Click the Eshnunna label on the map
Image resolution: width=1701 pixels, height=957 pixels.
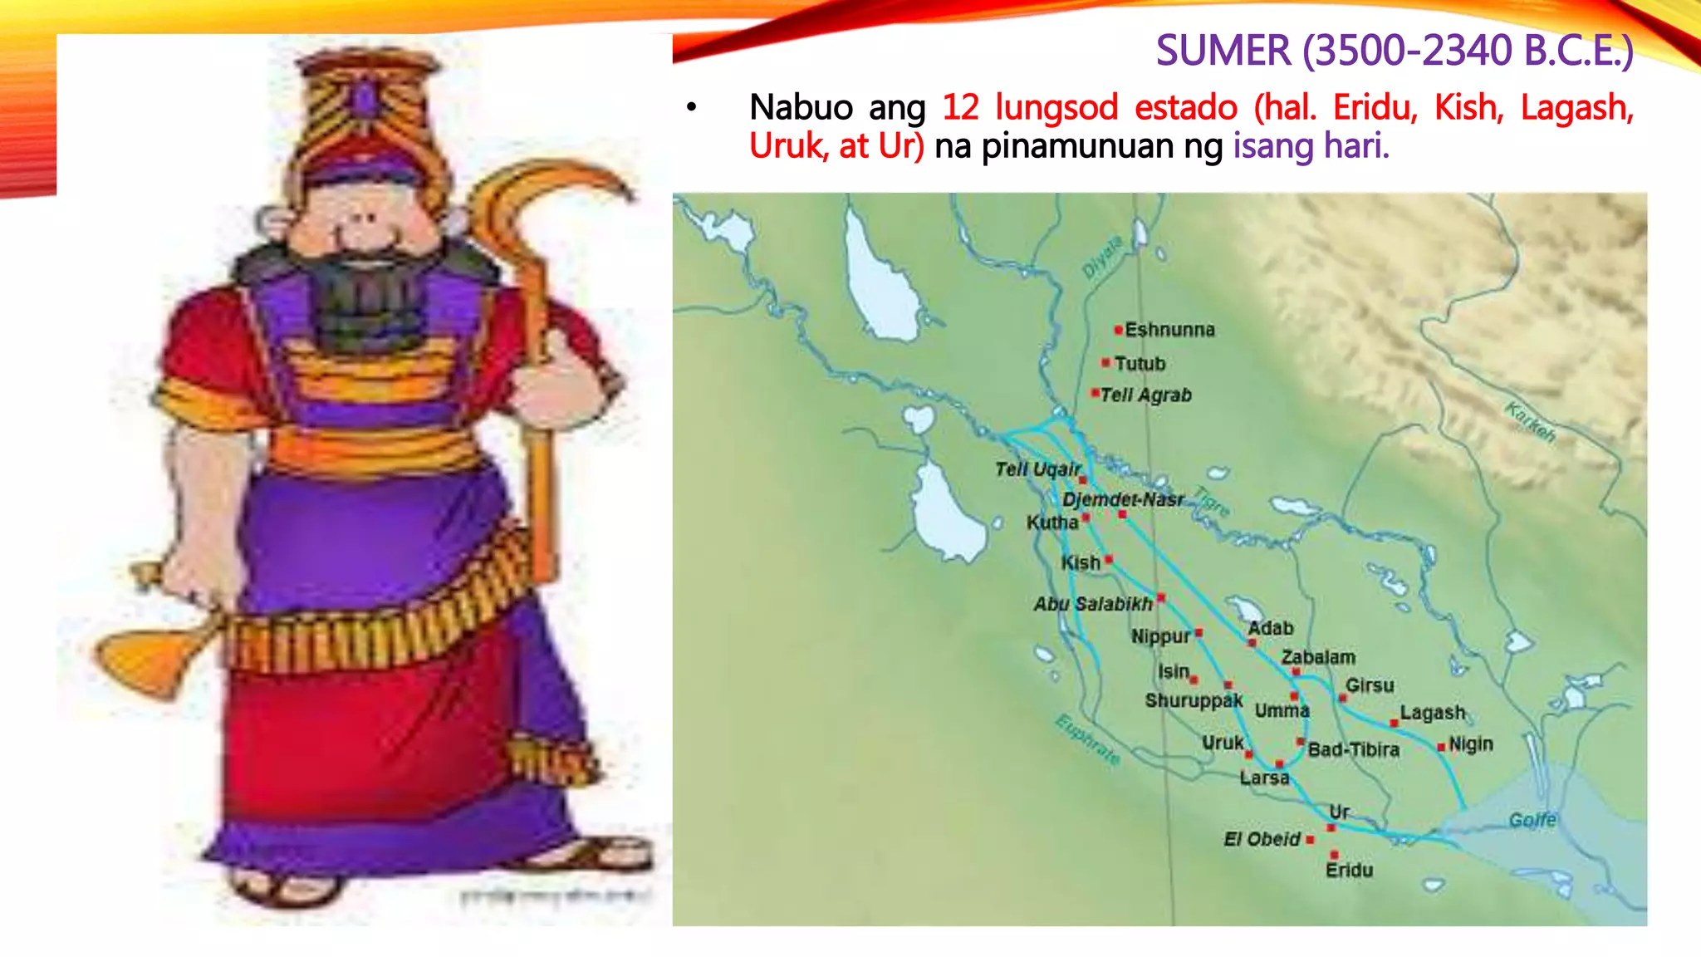(x=1169, y=330)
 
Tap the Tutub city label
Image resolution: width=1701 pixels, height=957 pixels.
(x=1140, y=364)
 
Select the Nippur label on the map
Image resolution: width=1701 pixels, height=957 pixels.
(x=1160, y=636)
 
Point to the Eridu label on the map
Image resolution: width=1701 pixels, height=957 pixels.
(x=1349, y=870)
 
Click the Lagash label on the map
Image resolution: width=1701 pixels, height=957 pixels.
(x=1432, y=713)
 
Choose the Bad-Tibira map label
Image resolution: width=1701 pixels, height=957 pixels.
(x=1354, y=749)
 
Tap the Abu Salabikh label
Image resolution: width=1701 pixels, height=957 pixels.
(x=1093, y=604)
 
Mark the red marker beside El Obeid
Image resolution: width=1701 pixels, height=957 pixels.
(x=1310, y=840)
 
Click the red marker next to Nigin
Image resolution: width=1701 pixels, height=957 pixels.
(x=1441, y=747)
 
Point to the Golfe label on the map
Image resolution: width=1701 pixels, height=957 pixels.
(x=1532, y=820)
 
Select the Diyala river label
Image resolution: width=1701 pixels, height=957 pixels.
(x=1102, y=257)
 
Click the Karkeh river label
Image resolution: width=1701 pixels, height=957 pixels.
(x=1531, y=422)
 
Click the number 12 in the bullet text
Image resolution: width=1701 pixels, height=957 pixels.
(x=961, y=108)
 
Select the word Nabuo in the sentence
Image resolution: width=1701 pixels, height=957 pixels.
(x=801, y=108)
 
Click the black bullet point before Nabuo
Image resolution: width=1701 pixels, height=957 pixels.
(x=691, y=107)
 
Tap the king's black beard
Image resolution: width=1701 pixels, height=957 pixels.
(x=366, y=299)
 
